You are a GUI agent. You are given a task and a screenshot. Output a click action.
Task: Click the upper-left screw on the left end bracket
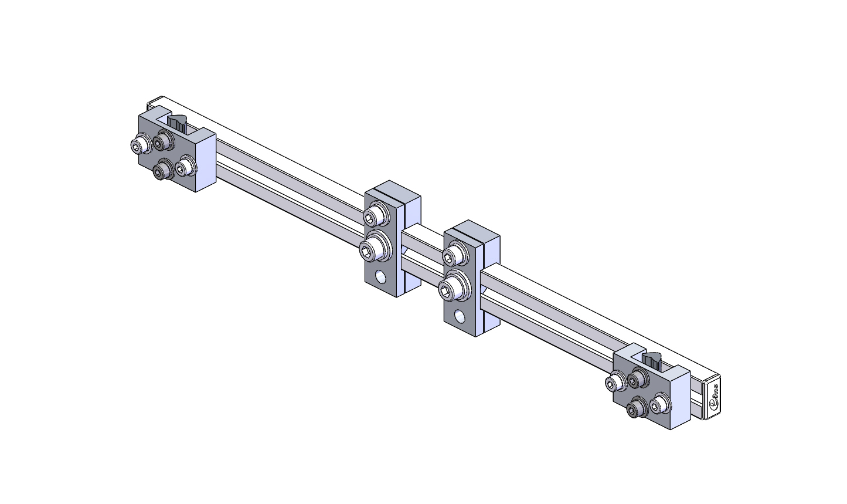(x=141, y=144)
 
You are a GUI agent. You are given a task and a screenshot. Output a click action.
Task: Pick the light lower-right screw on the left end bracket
(x=185, y=167)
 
